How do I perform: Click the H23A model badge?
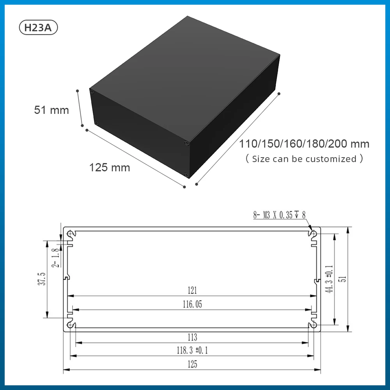coord(38,28)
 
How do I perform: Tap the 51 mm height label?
coord(51,110)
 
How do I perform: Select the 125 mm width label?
coord(110,168)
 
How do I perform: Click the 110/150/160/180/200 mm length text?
coord(304,144)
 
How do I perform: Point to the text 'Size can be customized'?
coord(304,159)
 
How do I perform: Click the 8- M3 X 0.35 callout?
coord(279,215)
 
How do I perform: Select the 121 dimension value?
coord(192,291)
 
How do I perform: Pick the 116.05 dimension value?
coord(192,304)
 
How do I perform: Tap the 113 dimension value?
coord(192,337)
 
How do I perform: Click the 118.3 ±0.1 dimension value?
coord(192,351)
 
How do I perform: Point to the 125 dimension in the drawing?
coord(192,364)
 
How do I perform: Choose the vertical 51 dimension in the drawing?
coord(343,279)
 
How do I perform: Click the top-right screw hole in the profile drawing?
coord(314,233)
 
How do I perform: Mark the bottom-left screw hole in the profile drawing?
coord(71,324)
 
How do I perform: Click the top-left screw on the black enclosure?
coord(93,92)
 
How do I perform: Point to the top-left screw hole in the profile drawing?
coord(71,233)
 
